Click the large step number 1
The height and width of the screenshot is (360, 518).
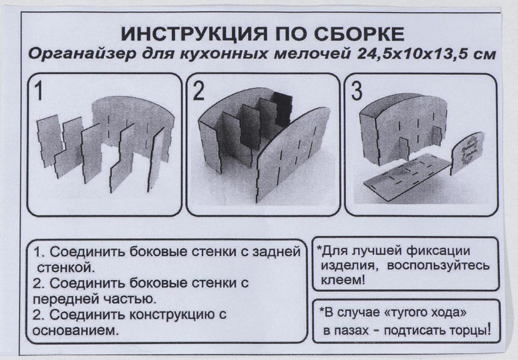[38, 92]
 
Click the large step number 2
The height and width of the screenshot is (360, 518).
[198, 92]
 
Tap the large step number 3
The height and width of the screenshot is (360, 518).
[357, 92]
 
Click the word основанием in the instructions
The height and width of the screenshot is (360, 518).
[73, 331]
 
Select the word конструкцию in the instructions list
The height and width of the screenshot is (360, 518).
[172, 315]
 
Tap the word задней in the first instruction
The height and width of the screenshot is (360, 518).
[276, 252]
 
